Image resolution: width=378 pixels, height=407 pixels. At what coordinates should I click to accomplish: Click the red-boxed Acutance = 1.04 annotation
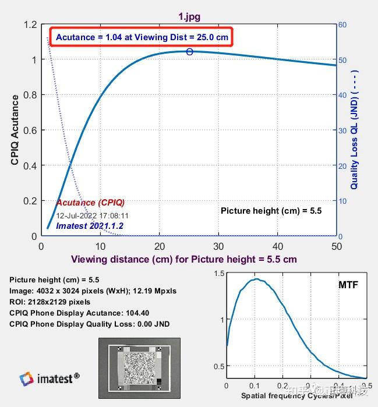[x=142, y=37]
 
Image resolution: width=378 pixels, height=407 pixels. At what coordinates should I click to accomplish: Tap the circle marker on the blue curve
[x=189, y=52]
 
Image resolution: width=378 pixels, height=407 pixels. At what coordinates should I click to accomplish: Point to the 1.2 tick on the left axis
[x=30, y=25]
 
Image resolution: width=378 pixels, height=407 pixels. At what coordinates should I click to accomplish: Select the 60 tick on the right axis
[x=342, y=25]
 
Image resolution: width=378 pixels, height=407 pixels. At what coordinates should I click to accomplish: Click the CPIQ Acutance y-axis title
[x=16, y=130]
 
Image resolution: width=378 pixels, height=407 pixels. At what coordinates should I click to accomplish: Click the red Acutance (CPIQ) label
[x=90, y=203]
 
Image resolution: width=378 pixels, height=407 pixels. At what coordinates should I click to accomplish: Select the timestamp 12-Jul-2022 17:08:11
[x=92, y=215]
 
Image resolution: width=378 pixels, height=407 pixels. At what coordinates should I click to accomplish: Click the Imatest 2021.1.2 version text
[x=90, y=225]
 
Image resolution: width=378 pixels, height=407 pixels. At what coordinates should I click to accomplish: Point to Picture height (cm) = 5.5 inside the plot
[x=271, y=211]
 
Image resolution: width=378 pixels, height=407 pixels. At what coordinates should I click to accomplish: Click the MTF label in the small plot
[x=348, y=285]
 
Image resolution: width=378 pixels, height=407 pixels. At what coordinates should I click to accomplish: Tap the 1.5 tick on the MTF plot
[x=218, y=274]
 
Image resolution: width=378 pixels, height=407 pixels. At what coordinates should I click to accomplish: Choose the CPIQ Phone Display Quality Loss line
[x=90, y=324]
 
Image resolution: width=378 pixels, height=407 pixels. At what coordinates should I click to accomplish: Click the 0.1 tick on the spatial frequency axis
[x=255, y=386]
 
